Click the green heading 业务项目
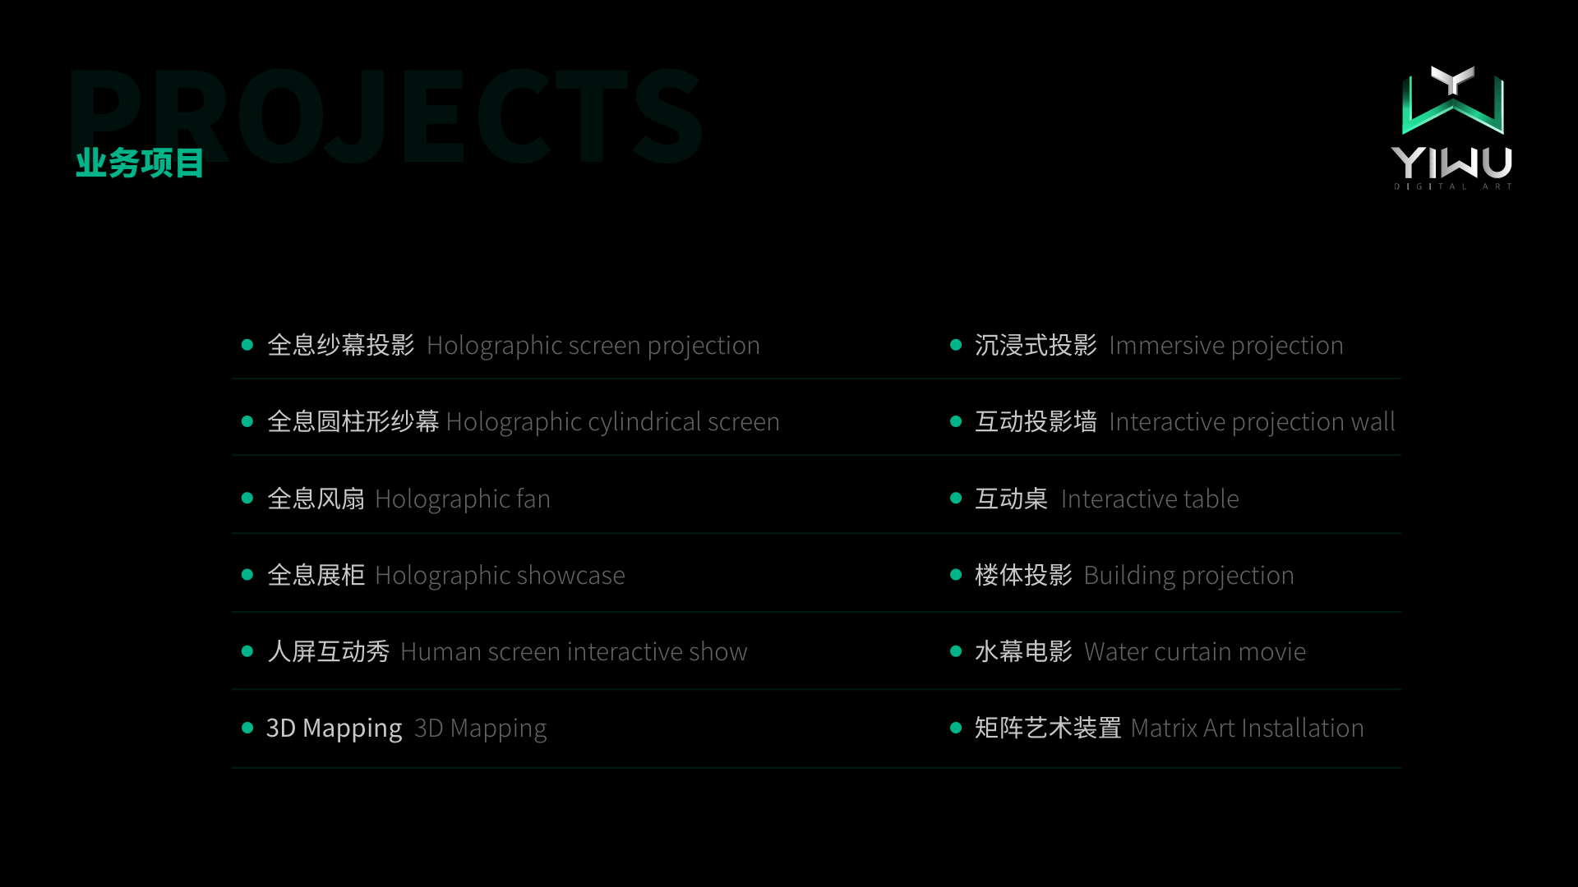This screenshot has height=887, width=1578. coord(140,163)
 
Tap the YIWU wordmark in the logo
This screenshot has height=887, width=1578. coord(1451,163)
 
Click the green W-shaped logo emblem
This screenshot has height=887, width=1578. coord(1452,100)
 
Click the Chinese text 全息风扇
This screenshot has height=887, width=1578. coord(316,499)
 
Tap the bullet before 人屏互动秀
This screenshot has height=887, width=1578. coord(247,651)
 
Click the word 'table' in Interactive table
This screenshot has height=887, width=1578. coord(1211,499)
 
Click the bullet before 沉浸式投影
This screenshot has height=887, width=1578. coord(956,345)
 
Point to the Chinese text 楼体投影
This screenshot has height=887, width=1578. coord(1023,575)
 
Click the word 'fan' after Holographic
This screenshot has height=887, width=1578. coord(533,499)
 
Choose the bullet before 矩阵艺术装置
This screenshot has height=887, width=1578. coord(956,728)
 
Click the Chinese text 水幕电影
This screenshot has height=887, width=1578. coord(1023,651)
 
